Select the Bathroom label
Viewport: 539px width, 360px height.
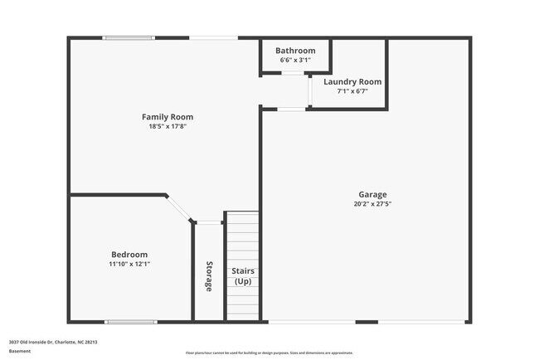click(295, 51)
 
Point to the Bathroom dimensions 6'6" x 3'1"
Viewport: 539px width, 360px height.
click(295, 60)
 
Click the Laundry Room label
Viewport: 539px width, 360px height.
click(352, 81)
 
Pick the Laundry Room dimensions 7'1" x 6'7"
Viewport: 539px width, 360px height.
click(352, 91)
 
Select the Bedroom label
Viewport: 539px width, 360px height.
click(129, 255)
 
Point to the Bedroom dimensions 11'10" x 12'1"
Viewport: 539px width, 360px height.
click(129, 264)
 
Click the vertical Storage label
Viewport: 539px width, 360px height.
click(209, 277)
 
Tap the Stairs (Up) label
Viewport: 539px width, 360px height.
click(242, 276)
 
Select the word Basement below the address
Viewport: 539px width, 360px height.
click(20, 351)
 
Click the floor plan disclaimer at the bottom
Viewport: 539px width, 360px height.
click(269, 353)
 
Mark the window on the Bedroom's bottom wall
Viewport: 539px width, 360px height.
click(130, 322)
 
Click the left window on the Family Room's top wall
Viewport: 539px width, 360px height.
click(128, 37)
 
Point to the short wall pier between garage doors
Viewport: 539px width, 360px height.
click(367, 322)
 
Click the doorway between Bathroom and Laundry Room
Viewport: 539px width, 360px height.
click(292, 74)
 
